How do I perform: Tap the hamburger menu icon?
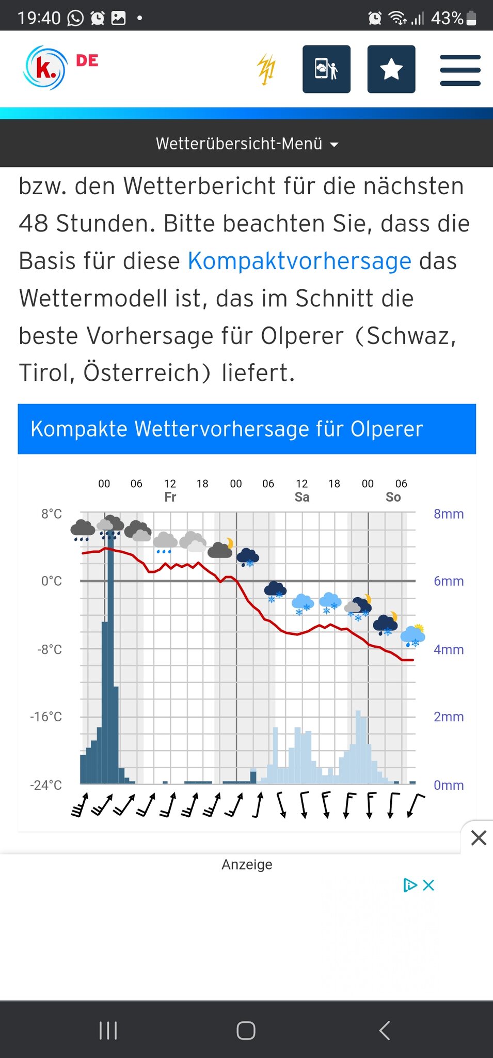point(460,70)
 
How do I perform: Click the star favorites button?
point(391,69)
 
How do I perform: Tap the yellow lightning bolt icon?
point(266,69)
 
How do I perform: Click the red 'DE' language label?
point(87,61)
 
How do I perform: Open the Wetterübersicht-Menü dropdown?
point(247,144)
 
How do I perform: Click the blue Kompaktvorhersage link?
point(299,261)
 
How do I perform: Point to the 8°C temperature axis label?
point(52,514)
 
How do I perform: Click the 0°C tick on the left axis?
point(52,581)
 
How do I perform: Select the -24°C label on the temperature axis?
point(46,785)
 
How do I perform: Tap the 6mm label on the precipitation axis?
point(448,581)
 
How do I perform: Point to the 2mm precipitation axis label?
point(448,717)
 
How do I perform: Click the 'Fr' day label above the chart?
point(170,497)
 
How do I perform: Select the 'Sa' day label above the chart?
point(302,497)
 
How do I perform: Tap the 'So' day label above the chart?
point(393,497)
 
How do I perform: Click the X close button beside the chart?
point(479,838)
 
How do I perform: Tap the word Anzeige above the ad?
point(247,865)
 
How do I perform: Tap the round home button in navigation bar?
point(246,1030)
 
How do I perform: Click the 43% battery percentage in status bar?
point(447,19)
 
